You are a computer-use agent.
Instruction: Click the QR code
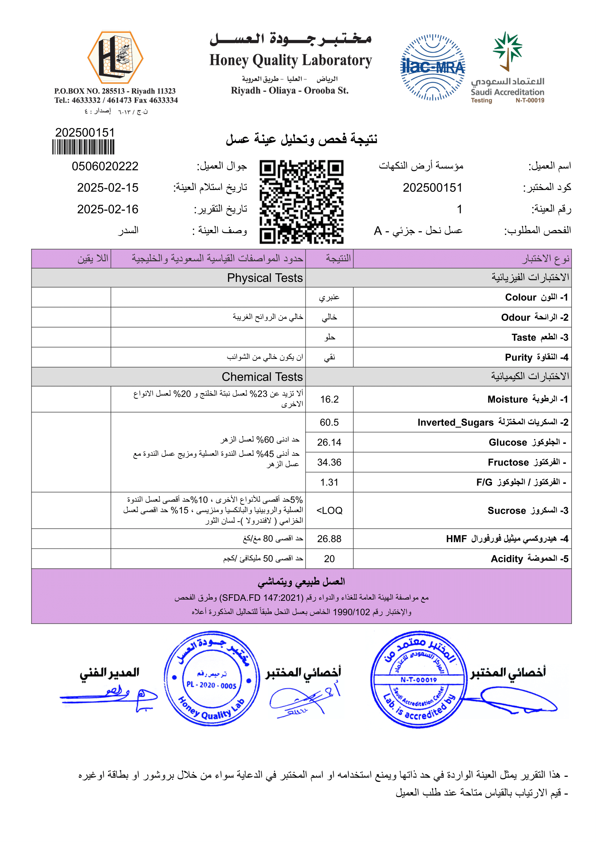pos(301,202)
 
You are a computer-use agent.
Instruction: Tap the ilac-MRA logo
pos(432,68)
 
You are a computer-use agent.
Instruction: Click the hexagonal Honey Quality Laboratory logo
pos(115,58)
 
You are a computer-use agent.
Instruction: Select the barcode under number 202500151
pos(83,147)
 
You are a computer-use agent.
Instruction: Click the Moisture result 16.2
pos(329,399)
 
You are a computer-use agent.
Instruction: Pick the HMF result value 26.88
pos(329,539)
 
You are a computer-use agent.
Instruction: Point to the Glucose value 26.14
pos(329,442)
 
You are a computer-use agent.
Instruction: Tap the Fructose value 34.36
pos(329,463)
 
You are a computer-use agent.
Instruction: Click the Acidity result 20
pos(329,559)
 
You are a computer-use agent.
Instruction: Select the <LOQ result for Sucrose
pos(329,510)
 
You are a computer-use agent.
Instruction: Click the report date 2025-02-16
pos(108,209)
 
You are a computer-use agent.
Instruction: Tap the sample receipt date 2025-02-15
pos(108,188)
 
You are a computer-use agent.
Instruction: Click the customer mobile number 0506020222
pos(105,166)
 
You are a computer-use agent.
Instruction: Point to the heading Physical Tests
pos(265,278)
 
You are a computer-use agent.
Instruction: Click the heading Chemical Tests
pos(262,377)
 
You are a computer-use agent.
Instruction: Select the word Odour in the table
pos(516,318)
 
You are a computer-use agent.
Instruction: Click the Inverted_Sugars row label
pos(455,423)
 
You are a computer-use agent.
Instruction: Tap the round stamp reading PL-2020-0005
pos(212,679)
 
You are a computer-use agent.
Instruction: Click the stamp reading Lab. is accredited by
pos(418,679)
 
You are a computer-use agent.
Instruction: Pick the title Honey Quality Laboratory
pos(291,60)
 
